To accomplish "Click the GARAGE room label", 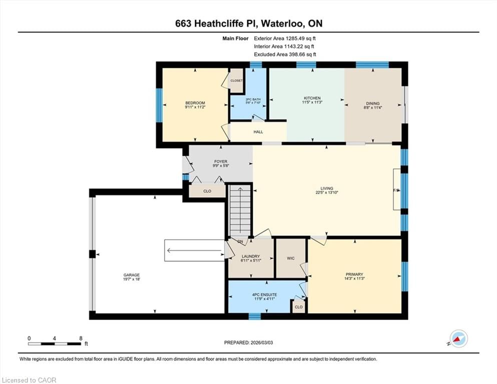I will (132, 275).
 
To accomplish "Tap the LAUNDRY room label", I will (251, 255).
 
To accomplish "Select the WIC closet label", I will (291, 258).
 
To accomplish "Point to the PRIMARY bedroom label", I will (354, 274).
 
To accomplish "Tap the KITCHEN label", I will (312, 98).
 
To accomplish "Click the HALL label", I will (258, 132).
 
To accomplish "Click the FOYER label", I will (220, 161).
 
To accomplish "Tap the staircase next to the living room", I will (240, 210).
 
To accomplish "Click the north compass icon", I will (458, 339).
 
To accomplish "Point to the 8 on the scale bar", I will (81, 338).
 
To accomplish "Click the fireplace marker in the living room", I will (396, 190).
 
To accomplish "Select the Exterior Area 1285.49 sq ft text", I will (285, 38).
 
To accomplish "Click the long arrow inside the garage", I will (195, 251).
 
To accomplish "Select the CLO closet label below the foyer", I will (207, 191).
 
